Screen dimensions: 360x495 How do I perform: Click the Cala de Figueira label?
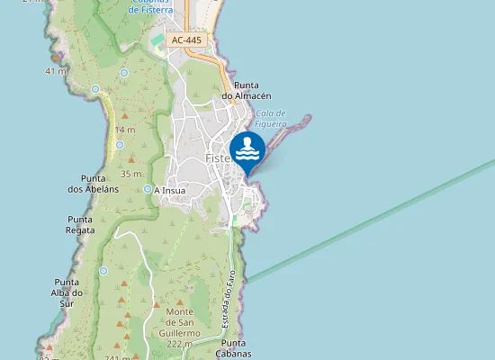coord(270,119)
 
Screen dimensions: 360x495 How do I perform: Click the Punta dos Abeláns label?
coord(94,184)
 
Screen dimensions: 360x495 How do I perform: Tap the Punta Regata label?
coord(81,224)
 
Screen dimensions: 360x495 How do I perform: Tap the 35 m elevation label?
coord(131,174)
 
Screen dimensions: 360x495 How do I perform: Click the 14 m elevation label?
coord(125,130)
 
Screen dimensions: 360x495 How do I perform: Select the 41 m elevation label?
coord(56,70)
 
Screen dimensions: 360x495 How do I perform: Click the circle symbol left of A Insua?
coord(148,189)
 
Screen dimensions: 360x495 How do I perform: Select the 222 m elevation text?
coord(181,344)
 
